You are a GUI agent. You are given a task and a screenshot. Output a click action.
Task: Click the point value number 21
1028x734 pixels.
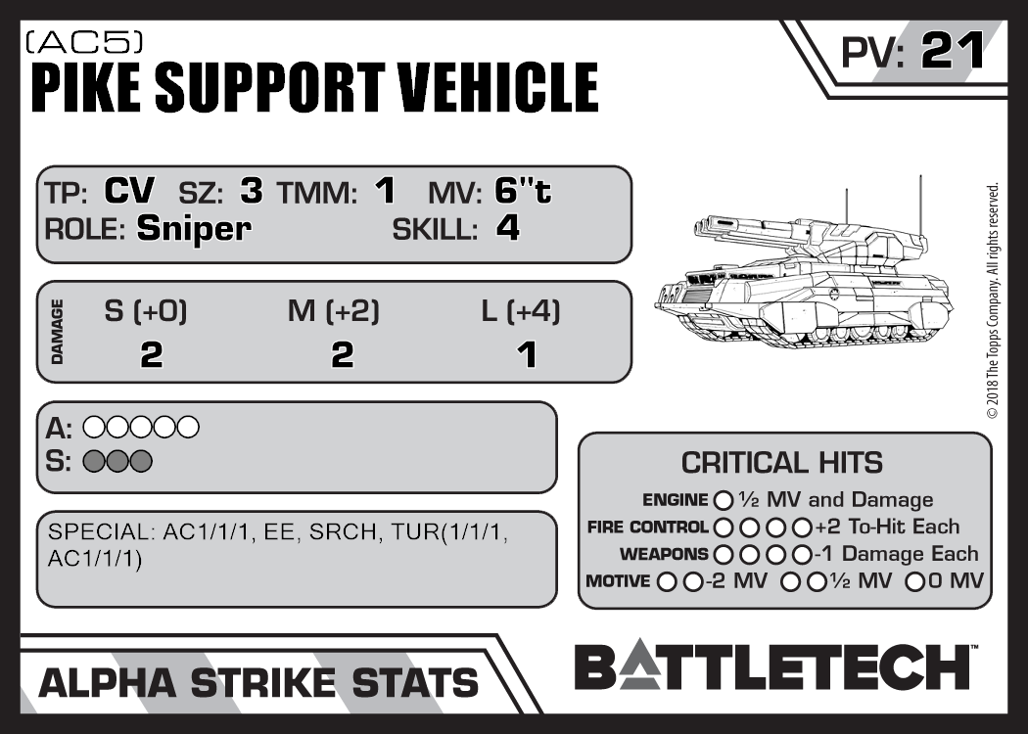952,52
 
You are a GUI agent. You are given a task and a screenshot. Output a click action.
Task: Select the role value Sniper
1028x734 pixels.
194,229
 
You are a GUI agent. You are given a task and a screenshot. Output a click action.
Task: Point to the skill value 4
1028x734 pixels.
507,228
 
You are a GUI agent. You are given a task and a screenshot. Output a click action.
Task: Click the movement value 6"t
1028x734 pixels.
523,191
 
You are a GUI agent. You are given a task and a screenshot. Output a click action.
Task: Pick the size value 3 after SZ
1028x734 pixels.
252,191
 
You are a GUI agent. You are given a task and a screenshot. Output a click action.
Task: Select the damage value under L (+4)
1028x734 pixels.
527,354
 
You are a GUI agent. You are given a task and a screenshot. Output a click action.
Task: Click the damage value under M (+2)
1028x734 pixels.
342,354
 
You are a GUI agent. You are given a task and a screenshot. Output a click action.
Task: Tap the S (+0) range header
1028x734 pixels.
146,312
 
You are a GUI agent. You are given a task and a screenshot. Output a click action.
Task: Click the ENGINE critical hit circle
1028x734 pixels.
724,501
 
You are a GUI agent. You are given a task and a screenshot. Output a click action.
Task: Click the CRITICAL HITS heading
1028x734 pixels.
781,462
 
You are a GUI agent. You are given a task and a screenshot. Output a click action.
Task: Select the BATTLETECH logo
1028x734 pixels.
771,667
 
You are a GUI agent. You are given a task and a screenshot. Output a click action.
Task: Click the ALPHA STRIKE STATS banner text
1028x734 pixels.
258,682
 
